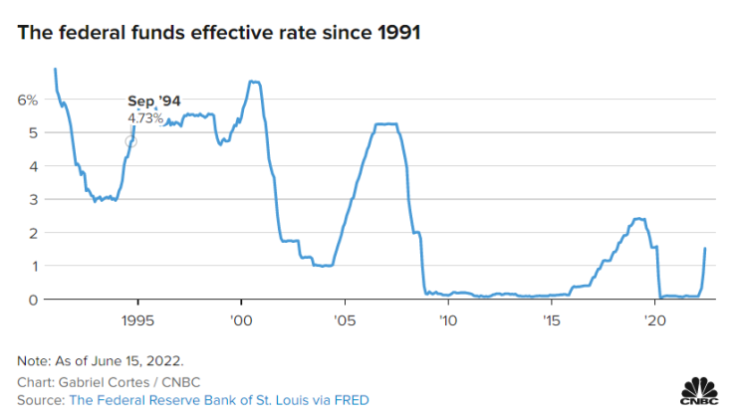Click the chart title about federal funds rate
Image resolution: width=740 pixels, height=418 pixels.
click(x=218, y=33)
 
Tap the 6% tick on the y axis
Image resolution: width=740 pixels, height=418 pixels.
click(x=27, y=100)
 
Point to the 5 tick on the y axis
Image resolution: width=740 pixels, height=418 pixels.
click(x=32, y=132)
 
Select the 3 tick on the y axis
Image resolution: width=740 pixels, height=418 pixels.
click(x=32, y=199)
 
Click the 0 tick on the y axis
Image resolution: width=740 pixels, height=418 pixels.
click(x=32, y=299)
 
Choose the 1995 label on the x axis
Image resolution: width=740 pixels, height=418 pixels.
click(x=135, y=321)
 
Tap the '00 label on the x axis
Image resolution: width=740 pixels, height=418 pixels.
click(x=241, y=321)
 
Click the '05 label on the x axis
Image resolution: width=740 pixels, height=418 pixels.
click(x=345, y=321)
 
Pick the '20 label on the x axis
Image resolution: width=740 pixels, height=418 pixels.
click(x=654, y=321)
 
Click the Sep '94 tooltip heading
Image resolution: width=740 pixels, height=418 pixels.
click(x=153, y=102)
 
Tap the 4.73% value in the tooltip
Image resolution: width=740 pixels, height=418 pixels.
click(x=145, y=118)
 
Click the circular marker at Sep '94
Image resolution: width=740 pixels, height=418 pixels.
click(x=130, y=141)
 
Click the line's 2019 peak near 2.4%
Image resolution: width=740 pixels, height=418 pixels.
click(x=638, y=219)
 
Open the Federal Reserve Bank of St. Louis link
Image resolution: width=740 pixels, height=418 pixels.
click(x=218, y=399)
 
